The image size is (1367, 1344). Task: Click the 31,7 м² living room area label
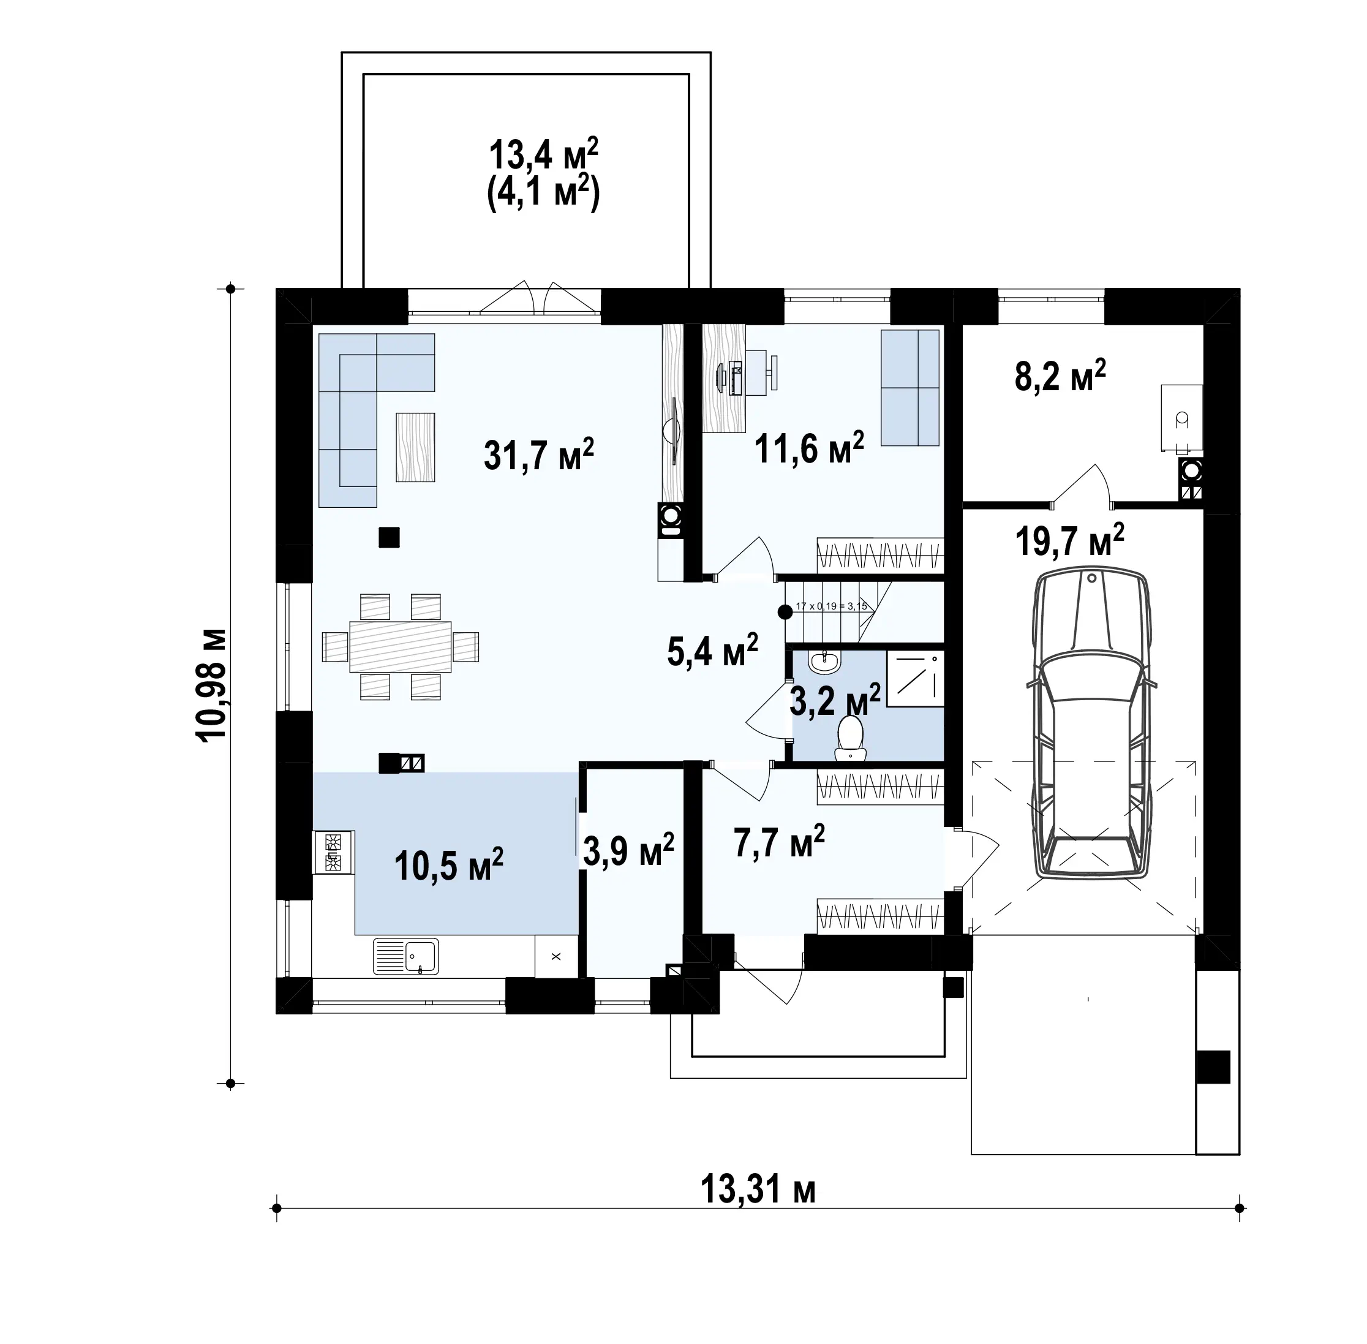point(538,454)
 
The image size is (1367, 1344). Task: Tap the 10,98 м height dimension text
point(211,683)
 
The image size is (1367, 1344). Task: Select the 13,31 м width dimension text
point(758,1190)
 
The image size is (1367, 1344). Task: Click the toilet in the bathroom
point(851,738)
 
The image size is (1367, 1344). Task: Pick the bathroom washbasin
point(825,661)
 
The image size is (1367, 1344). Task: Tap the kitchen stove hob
point(333,853)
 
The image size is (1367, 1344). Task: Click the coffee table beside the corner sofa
point(415,447)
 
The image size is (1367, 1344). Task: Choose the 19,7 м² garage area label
point(1069,541)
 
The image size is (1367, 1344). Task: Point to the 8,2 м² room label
point(1060,376)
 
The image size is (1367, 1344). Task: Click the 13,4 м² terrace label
point(543,156)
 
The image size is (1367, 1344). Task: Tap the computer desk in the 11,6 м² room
point(725,377)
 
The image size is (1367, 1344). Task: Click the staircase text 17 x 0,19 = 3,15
point(831,606)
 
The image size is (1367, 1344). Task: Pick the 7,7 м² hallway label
point(779,842)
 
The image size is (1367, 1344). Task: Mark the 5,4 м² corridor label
point(712,650)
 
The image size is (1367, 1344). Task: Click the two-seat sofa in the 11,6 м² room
point(909,388)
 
